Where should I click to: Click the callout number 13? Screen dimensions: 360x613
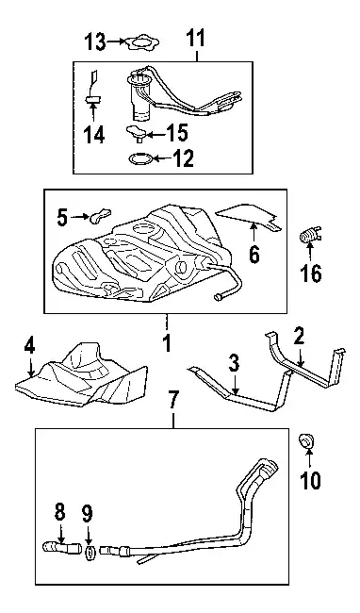coord(96,41)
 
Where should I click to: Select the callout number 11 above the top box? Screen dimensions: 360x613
coord(195,39)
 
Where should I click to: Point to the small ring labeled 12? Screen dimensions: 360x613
coord(139,158)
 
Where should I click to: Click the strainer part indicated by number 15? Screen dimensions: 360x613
coord(135,132)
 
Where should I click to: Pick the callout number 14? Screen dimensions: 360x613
coord(94,135)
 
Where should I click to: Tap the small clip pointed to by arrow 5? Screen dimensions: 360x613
coord(101,215)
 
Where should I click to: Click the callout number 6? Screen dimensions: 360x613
coord(254,255)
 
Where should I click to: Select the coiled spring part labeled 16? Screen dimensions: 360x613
coord(310,235)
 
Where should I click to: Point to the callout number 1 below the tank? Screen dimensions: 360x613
coord(167,343)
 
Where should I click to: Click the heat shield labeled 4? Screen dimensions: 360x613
coord(82,377)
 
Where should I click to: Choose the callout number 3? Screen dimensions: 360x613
coord(234,364)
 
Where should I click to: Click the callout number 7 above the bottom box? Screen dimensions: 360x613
coord(173,399)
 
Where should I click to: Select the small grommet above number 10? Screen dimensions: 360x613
coord(305,441)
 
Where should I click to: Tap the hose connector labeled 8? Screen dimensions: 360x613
coord(61,547)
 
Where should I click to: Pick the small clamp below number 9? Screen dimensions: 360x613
coord(90,554)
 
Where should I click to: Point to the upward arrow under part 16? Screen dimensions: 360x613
coord(310,252)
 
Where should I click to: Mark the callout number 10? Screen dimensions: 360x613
coord(311,480)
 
